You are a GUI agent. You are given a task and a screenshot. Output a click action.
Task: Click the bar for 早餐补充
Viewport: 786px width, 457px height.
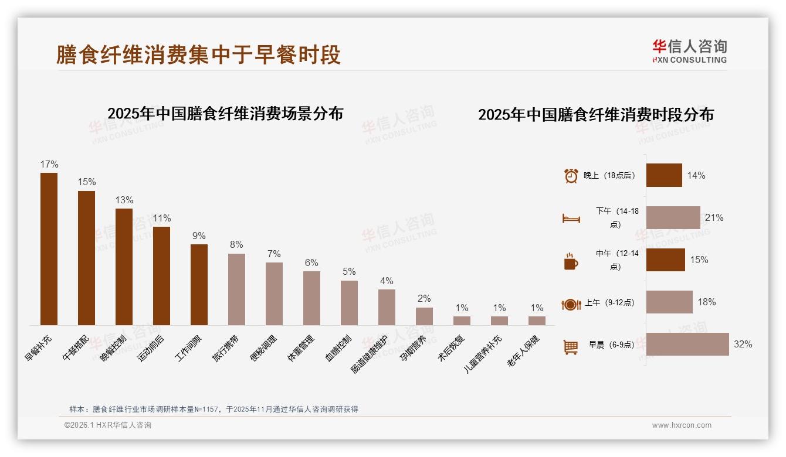(x=49, y=248)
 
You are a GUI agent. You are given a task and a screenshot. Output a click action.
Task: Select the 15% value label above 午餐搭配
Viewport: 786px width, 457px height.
(x=87, y=182)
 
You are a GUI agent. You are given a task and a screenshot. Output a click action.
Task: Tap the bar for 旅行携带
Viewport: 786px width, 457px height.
(x=236, y=289)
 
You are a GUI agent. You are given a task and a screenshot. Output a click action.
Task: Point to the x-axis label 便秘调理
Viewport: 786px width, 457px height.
(x=265, y=348)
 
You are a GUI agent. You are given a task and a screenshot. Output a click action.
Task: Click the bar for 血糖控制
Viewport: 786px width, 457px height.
(x=349, y=302)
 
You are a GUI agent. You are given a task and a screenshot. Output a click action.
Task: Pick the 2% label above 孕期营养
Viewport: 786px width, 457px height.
(x=424, y=299)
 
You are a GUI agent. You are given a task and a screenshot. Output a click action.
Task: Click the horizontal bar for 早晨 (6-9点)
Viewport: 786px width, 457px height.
(x=687, y=345)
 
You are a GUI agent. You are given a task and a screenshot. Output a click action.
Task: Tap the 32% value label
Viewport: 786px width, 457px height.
(x=743, y=345)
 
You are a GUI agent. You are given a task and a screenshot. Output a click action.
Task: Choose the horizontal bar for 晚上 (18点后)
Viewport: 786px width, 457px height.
(x=664, y=175)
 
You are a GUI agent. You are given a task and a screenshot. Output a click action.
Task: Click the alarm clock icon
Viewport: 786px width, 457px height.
(x=571, y=176)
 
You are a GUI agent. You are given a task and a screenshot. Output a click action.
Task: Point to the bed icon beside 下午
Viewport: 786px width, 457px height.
(x=571, y=219)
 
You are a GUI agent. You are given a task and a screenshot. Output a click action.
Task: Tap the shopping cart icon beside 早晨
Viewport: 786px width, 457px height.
(x=571, y=347)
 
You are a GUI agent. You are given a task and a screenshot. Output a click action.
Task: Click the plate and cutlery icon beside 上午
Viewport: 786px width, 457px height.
(x=571, y=304)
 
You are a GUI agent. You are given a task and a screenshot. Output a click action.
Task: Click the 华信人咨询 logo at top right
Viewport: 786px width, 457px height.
(x=689, y=52)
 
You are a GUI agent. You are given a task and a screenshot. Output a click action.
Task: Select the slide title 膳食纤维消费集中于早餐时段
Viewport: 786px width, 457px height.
(x=198, y=54)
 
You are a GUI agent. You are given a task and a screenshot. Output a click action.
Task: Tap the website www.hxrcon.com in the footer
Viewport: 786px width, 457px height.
(x=682, y=425)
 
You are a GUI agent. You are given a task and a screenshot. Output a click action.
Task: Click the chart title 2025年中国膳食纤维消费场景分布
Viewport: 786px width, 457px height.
(x=225, y=113)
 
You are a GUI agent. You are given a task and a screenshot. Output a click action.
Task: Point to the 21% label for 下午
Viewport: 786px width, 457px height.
(x=714, y=218)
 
